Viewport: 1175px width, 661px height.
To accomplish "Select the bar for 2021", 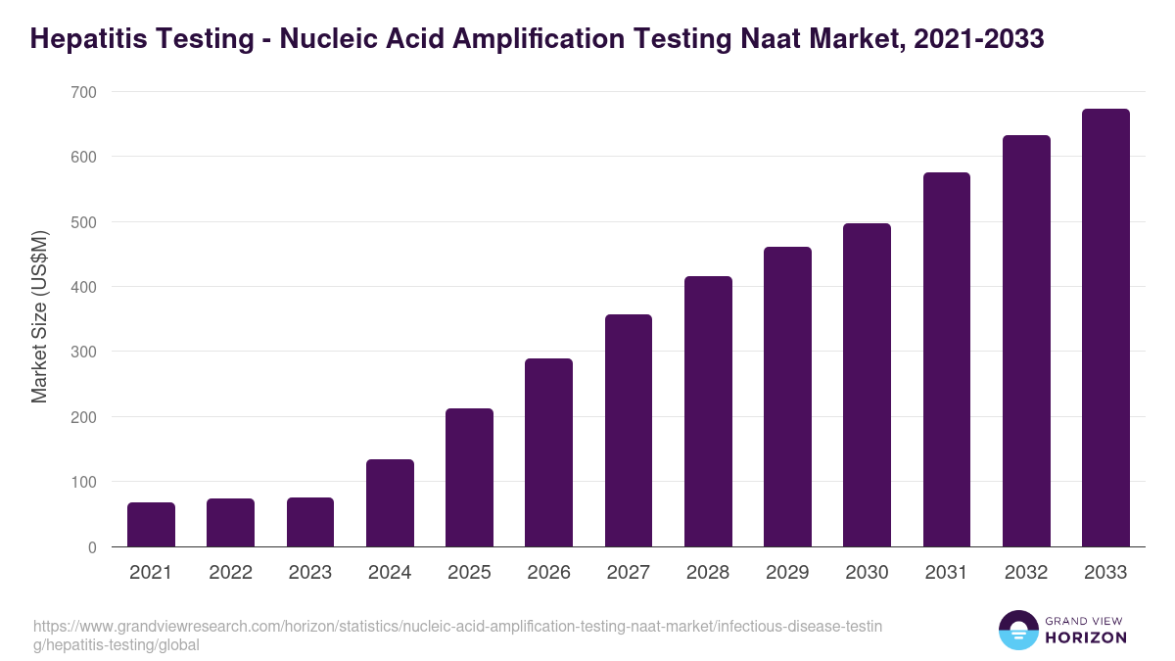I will point(151,525).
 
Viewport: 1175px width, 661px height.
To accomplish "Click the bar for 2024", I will point(390,503).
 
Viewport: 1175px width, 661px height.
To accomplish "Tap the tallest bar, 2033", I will point(1105,328).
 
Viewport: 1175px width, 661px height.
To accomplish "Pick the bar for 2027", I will point(629,431).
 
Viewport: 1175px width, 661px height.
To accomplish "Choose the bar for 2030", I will point(867,385).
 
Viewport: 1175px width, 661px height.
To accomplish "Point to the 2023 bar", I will point(310,522).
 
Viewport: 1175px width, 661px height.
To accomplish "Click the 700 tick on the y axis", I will point(83,92).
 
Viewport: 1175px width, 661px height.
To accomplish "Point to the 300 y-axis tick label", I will point(83,352).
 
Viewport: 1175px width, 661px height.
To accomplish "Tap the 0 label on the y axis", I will point(91,547).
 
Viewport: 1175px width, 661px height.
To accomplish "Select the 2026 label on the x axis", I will point(548,573).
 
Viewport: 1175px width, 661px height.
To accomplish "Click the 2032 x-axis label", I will point(1026,573).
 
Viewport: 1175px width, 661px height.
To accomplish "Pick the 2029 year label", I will point(787,573).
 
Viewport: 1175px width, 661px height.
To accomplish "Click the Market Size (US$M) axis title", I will point(39,318).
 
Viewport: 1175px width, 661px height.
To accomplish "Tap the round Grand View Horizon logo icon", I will point(1017,630).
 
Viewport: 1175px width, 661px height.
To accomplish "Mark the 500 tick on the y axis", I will point(83,222).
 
